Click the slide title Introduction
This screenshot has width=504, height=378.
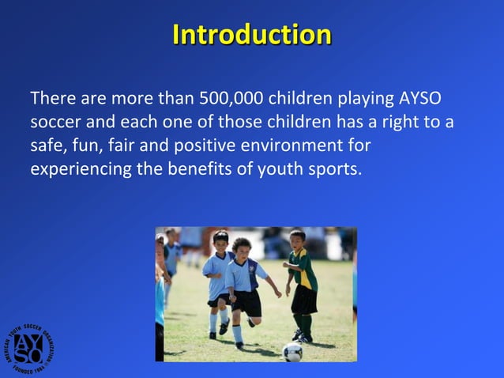click(x=251, y=36)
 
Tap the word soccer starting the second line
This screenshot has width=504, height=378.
click(x=55, y=124)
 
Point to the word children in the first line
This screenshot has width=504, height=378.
click(x=303, y=100)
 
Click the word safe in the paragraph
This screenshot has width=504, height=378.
click(x=45, y=147)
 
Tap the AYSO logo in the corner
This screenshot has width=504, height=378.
click(x=32, y=347)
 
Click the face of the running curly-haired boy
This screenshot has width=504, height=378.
click(x=240, y=248)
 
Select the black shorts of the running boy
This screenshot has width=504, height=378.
click(x=247, y=302)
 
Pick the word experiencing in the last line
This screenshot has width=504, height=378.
click(x=76, y=170)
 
